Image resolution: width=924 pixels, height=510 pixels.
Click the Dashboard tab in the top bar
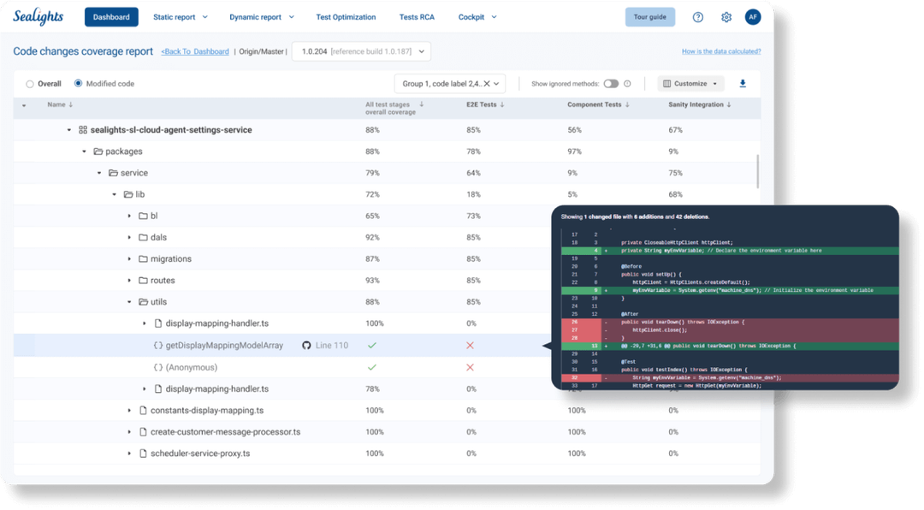(111, 17)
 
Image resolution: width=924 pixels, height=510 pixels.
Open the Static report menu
(179, 17)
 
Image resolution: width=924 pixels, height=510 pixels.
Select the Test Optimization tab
(345, 17)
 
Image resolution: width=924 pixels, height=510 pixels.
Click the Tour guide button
(650, 17)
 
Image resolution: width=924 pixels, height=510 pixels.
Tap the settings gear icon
(726, 17)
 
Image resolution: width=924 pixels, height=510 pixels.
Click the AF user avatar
(753, 17)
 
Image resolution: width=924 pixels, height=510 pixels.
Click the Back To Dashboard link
(195, 51)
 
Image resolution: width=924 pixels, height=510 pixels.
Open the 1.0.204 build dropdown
(361, 51)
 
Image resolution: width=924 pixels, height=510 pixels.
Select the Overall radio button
(30, 84)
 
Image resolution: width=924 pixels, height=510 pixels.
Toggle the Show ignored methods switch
(611, 84)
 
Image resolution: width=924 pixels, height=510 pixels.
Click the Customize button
(690, 84)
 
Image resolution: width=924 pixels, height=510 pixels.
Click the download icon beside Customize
(743, 84)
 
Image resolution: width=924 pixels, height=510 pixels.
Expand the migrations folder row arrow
(129, 259)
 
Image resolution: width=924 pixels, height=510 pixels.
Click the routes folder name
(163, 281)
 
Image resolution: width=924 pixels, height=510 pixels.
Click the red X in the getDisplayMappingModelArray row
(470, 345)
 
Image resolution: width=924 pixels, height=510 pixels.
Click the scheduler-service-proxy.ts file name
(200, 454)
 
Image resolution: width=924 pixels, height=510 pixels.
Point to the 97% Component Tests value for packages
(574, 151)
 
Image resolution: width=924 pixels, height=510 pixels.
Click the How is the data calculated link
(720, 51)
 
